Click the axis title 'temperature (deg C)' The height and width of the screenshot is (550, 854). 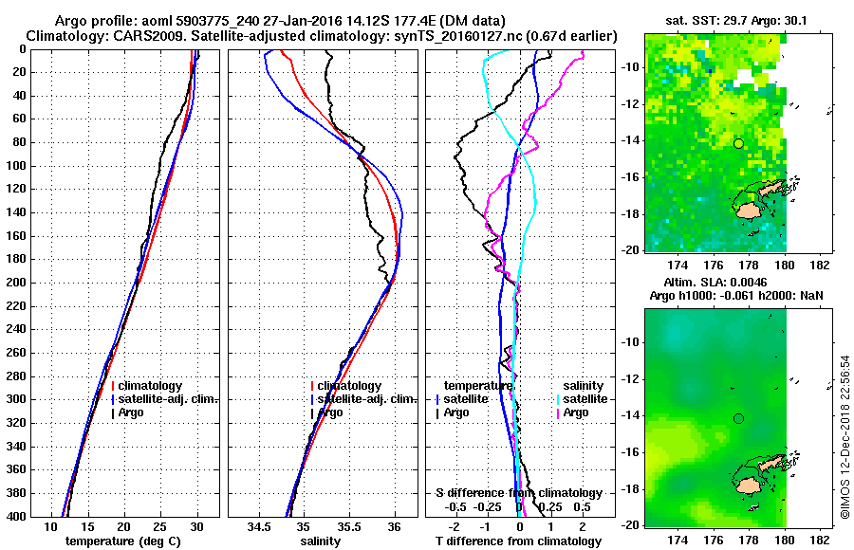click(123, 541)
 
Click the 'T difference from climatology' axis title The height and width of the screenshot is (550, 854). click(519, 541)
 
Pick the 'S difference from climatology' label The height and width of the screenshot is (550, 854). click(519, 493)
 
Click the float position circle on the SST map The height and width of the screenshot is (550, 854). click(738, 144)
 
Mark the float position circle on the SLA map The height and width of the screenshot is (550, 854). click(738, 418)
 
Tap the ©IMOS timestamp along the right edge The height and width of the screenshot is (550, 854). click(844, 436)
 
